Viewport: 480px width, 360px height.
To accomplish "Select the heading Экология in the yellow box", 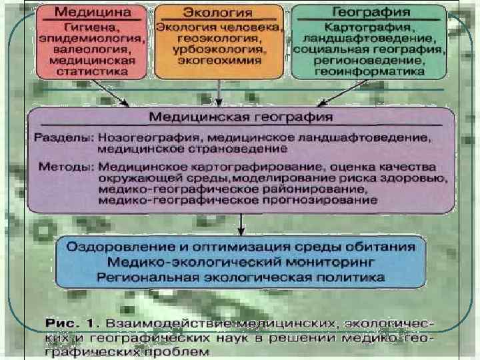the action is click(218, 13).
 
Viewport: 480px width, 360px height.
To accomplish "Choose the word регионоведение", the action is click(368, 60).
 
